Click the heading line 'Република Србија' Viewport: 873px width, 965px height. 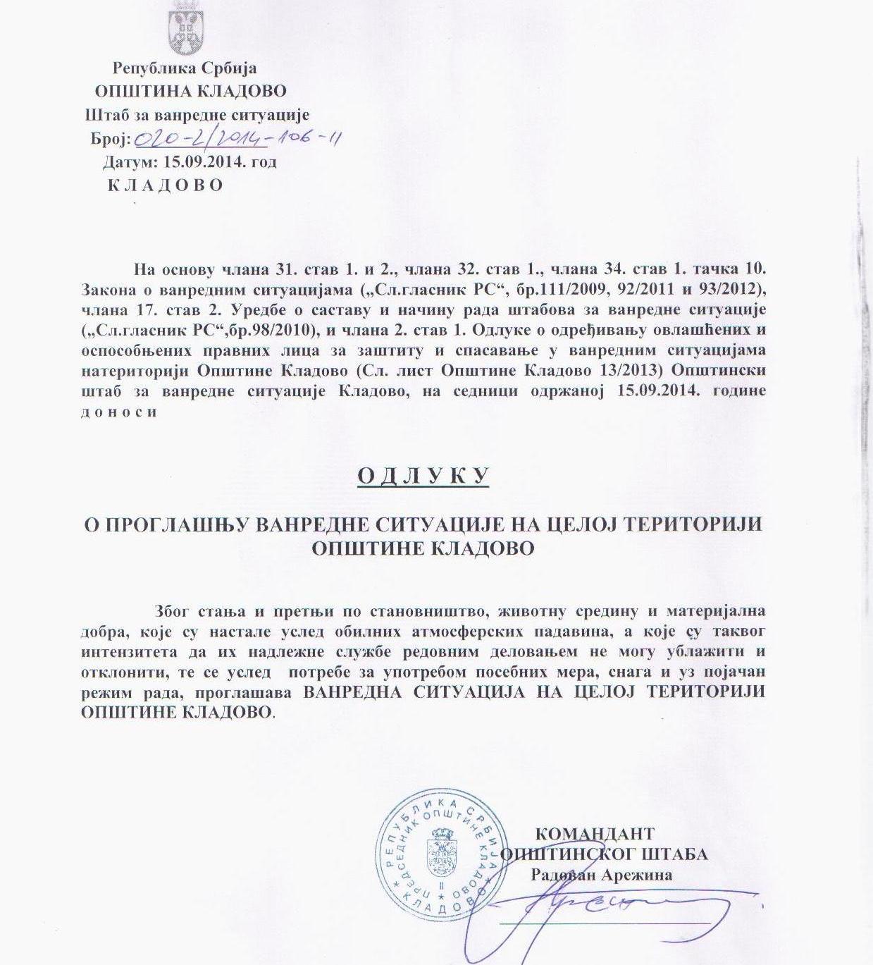(x=185, y=68)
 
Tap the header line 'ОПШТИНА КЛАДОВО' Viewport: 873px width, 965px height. (x=191, y=91)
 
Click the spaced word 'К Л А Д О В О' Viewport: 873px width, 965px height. (x=166, y=185)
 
